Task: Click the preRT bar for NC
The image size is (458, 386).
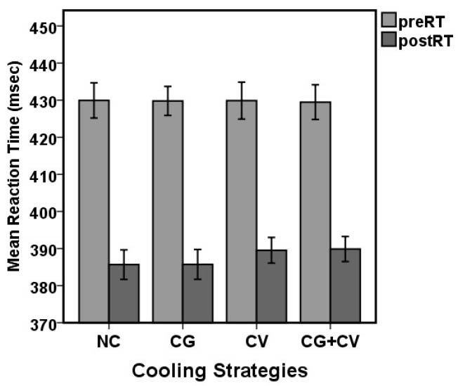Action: click(x=93, y=211)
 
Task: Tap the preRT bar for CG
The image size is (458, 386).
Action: click(x=167, y=211)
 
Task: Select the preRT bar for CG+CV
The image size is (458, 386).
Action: click(x=315, y=212)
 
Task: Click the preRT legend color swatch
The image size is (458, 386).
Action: click(x=389, y=20)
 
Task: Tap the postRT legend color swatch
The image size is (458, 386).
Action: click(x=389, y=41)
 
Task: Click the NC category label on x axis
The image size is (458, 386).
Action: click(x=109, y=342)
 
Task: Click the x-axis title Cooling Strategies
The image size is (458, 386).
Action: click(x=228, y=371)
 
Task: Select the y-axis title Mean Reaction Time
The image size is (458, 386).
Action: click(x=13, y=165)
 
